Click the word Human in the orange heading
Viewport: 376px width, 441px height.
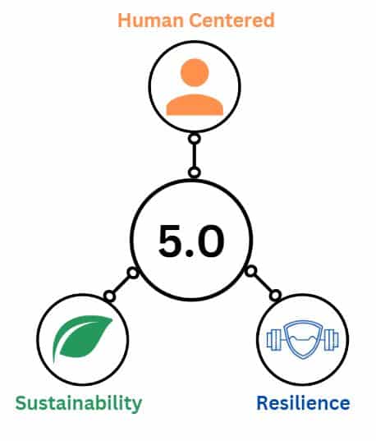click(150, 21)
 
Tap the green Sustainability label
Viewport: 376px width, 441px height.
click(79, 403)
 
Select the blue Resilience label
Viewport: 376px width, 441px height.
click(304, 402)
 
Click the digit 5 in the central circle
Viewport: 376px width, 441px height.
click(172, 241)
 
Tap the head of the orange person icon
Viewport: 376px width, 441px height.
click(195, 72)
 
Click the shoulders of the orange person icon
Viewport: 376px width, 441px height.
click(195, 105)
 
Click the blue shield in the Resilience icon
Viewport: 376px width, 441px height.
click(303, 339)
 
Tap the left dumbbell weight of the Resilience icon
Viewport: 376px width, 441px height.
click(273, 340)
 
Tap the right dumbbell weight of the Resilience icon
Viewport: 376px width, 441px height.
click(332, 340)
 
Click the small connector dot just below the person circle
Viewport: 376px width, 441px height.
click(195, 139)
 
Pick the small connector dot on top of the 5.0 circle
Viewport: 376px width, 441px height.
click(194, 172)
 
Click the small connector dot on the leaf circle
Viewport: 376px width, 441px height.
click(109, 296)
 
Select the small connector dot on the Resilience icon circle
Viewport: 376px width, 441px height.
click(276, 296)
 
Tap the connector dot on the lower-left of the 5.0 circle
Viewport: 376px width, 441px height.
click(133, 273)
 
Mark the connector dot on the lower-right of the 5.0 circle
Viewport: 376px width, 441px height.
click(251, 271)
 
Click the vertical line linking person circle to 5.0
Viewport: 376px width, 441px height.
click(195, 155)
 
